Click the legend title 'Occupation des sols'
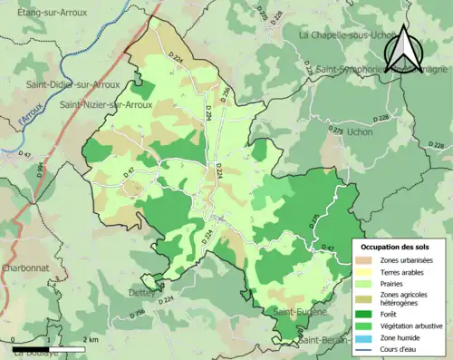click(396, 247)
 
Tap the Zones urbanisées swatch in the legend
click(366, 259)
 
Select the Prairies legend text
click(393, 282)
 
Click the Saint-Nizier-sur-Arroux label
click(100, 105)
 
